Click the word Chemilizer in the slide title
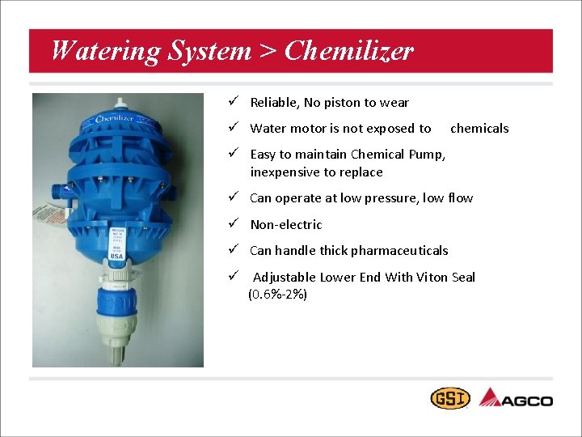(349, 52)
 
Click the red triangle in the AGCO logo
(490, 397)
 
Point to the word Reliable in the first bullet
(274, 103)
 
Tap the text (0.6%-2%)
(277, 295)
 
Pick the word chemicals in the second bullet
(479, 128)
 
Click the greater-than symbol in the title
(268, 52)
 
